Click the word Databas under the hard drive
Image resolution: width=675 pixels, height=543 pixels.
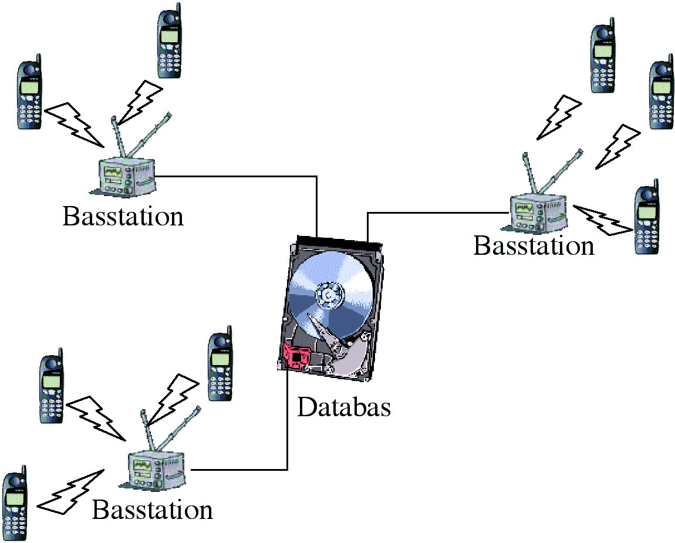click(x=343, y=407)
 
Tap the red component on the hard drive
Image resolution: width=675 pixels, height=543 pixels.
click(x=296, y=355)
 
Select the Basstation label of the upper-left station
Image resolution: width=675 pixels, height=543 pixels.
click(x=123, y=216)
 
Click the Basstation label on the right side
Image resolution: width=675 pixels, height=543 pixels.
click(x=534, y=245)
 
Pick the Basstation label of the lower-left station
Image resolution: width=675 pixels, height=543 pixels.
click(x=152, y=510)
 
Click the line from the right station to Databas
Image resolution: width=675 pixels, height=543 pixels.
click(x=434, y=213)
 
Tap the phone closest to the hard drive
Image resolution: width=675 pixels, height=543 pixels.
click(x=221, y=367)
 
